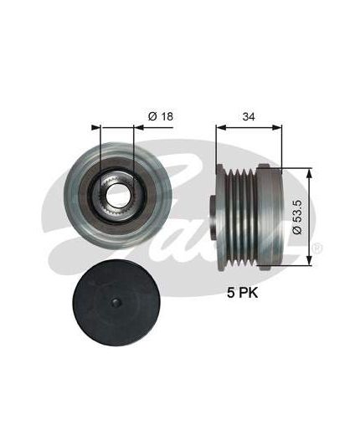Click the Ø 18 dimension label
pos(161,116)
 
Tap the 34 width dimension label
pos(249,116)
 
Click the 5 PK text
pos(242,293)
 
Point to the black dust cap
pos(116,304)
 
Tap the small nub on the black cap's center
pos(116,304)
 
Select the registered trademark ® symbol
pos(317,248)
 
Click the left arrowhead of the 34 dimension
pos(221,128)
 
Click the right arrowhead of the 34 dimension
pos(277,128)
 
